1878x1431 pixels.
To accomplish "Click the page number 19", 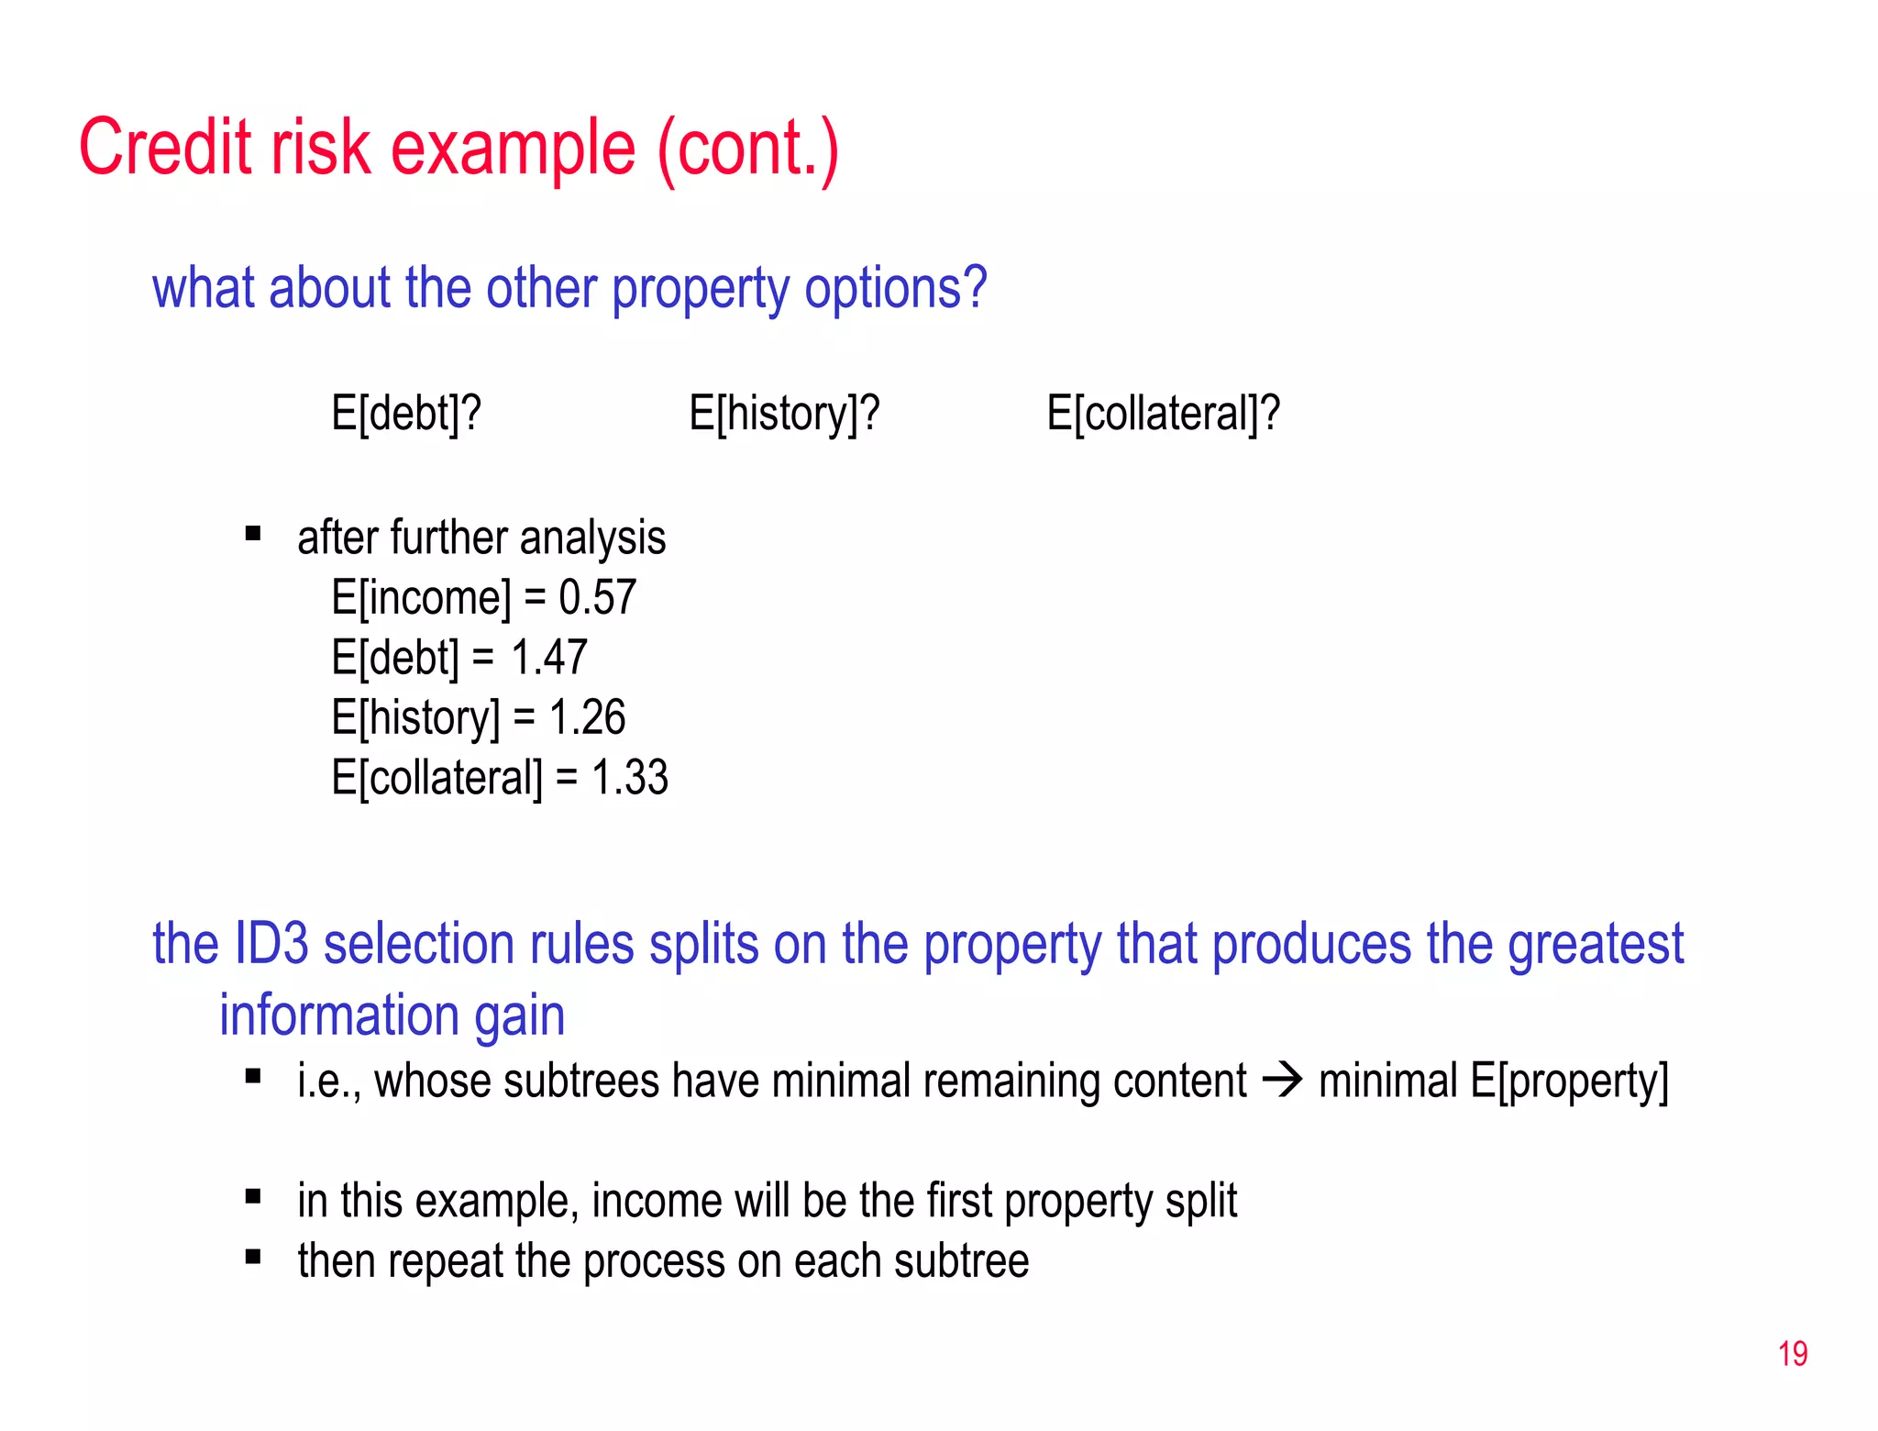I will [x=1792, y=1354].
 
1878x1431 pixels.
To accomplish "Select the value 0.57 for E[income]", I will [x=597, y=597].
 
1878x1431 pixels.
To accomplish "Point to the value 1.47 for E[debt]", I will [x=548, y=658].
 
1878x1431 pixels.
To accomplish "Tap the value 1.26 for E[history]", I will [x=587, y=717].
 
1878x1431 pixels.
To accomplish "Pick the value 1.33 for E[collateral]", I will [x=629, y=778].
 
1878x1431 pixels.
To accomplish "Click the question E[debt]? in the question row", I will [x=406, y=413].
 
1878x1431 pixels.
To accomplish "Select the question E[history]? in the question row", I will [x=784, y=413].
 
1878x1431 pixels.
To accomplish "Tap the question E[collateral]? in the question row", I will [x=1163, y=413].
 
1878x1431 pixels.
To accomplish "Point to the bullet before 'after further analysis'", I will [x=253, y=533].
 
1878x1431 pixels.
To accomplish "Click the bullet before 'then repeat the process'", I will [x=253, y=1257].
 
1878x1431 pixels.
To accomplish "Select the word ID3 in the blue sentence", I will [x=271, y=944].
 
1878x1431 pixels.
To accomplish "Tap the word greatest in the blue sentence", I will [x=1595, y=946].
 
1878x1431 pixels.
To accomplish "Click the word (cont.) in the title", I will [x=747, y=149].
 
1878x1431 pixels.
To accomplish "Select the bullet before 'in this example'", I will [x=253, y=1196].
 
